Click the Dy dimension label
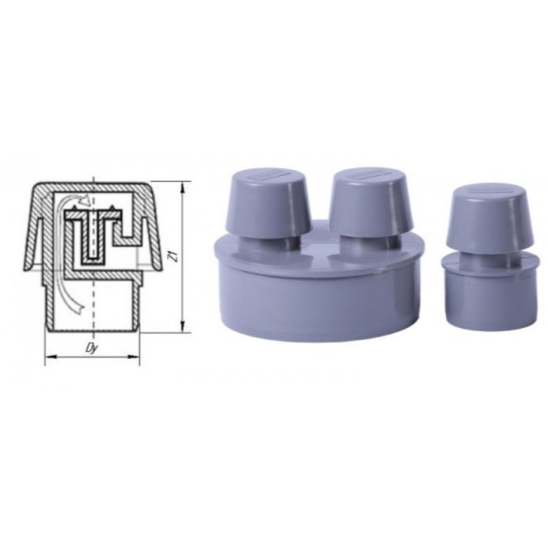tap(91, 349)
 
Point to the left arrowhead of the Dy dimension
tap(51, 356)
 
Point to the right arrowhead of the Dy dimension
tap(134, 356)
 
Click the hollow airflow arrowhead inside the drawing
tap(86, 200)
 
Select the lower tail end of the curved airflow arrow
tap(80, 308)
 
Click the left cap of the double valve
tap(270, 203)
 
